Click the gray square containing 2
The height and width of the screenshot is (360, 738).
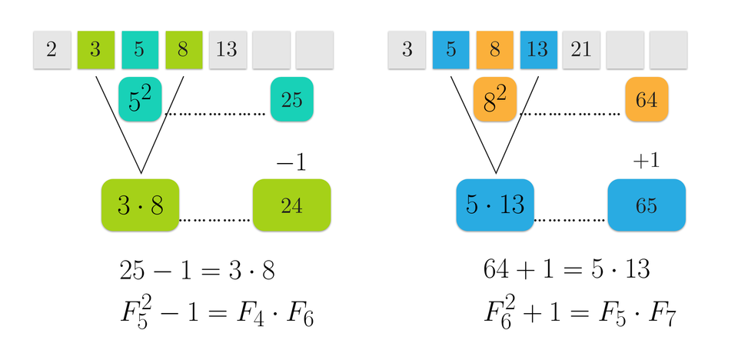pos(52,50)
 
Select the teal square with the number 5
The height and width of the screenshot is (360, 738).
pos(139,50)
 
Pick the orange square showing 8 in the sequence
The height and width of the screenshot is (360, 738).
pos(494,50)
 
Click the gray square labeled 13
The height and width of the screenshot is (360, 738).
pos(227,50)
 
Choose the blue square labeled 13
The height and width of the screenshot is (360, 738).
pos(538,50)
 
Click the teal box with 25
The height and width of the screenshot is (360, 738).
pos(291,99)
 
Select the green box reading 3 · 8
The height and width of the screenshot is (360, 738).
pos(140,205)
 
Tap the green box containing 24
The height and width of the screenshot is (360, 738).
pos(291,205)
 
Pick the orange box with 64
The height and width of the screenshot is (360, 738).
pos(646,99)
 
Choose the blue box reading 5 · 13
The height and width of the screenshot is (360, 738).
pos(494,205)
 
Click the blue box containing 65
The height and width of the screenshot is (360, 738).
pos(646,205)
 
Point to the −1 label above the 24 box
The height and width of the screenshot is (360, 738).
pos(291,162)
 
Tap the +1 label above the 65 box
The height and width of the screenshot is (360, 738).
pos(646,161)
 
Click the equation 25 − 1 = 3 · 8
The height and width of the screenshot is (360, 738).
pos(198,270)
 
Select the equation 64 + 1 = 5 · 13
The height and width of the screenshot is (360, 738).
pos(567,269)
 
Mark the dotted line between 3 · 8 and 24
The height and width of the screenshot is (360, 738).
pos(215,221)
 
